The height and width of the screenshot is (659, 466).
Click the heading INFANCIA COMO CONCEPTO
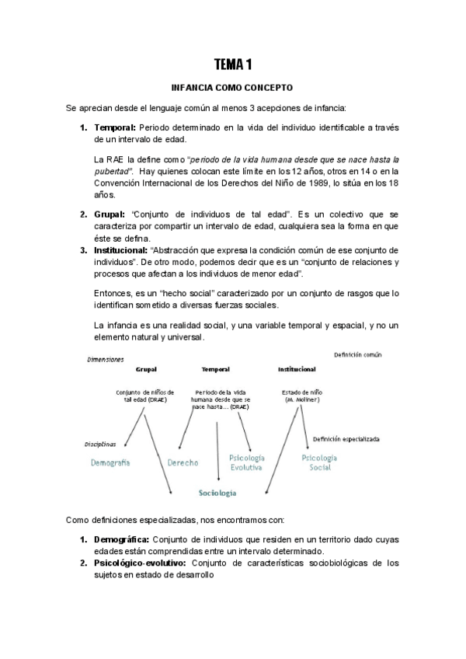coord(232,88)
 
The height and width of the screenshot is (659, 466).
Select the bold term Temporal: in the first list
coord(115,127)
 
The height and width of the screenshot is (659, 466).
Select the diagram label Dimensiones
coord(106,360)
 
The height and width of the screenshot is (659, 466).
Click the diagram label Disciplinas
coord(101,445)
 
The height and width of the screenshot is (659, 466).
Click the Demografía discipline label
coord(109,462)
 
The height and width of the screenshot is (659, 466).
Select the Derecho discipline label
coord(183,462)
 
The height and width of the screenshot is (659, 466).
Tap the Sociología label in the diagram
coord(217,493)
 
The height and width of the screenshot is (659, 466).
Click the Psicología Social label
coord(318,463)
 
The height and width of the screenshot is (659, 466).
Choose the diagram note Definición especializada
coord(346,438)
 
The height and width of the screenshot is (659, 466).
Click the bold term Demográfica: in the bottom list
coord(122,539)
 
